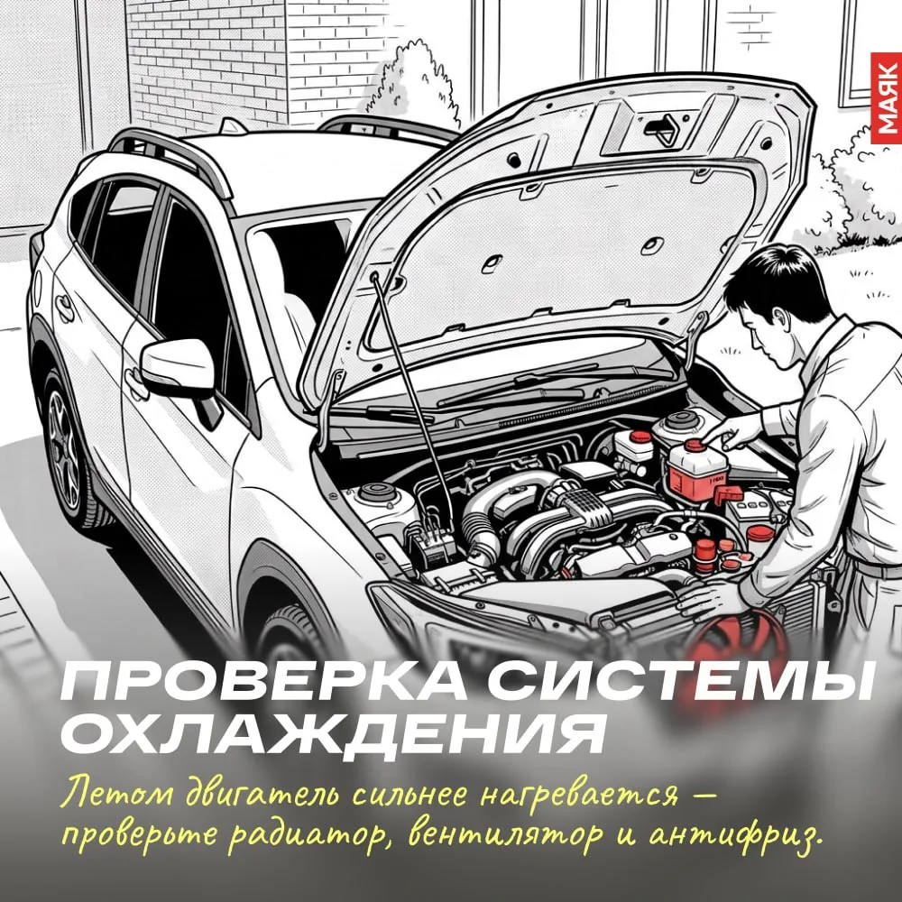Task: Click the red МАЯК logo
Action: point(887,101)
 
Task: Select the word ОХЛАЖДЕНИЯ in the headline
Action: point(333,734)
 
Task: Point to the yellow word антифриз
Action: point(733,837)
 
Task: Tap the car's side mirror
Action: point(179,368)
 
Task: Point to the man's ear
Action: point(779,319)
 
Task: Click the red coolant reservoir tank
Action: point(697,469)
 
